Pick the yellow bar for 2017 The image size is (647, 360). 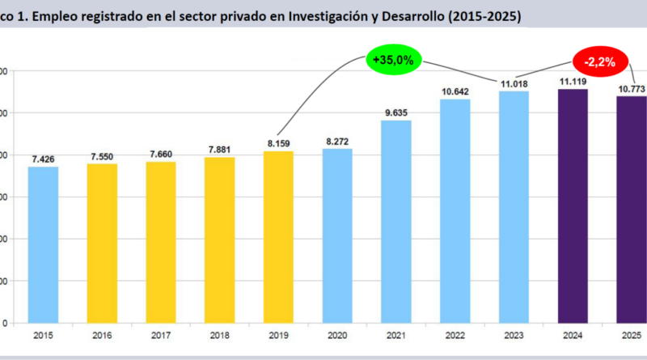pos(161,242)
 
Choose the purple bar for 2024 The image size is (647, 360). pos(573,205)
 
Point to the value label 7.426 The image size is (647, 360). pos(44,159)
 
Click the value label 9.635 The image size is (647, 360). pos(396,112)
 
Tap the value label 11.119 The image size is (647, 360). pos(573,82)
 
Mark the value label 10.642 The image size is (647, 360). pos(455,91)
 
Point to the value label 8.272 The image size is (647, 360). pos(337,142)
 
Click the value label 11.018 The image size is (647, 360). pos(514,83)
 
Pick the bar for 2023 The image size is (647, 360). pos(514,207)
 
